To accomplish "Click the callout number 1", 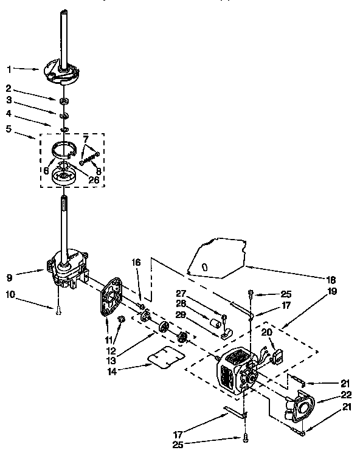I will [x=9, y=69].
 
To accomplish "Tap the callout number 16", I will [x=136, y=262].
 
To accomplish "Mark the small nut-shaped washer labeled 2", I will [x=64, y=99].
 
